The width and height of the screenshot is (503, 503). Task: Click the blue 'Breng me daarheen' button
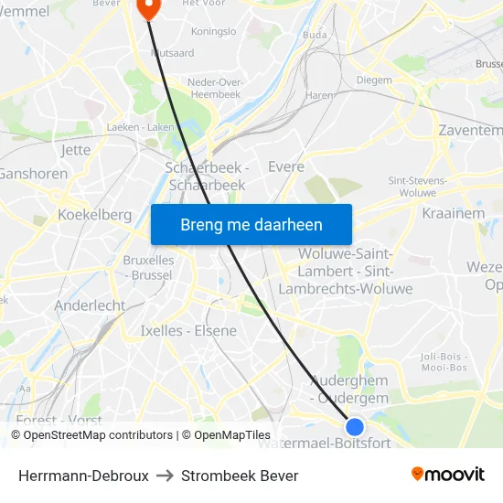click(x=251, y=224)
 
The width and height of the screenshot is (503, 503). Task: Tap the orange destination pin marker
click(x=147, y=7)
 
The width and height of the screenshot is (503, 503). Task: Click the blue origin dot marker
click(x=355, y=426)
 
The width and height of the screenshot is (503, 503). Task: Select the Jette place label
click(x=74, y=149)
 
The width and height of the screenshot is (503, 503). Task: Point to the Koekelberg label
click(x=94, y=214)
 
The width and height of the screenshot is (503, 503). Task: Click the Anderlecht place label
click(x=90, y=305)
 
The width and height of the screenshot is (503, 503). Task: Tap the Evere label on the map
click(x=285, y=166)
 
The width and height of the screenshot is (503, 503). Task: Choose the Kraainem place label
click(x=453, y=212)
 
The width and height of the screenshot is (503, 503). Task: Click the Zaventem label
click(x=471, y=131)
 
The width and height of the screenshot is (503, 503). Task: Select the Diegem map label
click(x=373, y=80)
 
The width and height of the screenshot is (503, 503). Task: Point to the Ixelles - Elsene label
click(x=188, y=330)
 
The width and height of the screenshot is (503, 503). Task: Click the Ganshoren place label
click(x=33, y=174)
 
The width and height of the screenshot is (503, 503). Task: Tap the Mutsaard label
click(x=172, y=53)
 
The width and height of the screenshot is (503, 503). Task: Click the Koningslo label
click(x=212, y=31)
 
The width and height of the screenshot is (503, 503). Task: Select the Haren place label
click(x=319, y=94)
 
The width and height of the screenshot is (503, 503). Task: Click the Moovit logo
click(x=448, y=474)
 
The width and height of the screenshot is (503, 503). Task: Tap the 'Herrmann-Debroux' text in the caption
click(x=83, y=476)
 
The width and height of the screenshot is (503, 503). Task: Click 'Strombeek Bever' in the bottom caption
click(x=240, y=476)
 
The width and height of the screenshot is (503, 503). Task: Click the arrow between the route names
click(x=165, y=476)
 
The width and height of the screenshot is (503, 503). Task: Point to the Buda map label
click(x=314, y=35)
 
